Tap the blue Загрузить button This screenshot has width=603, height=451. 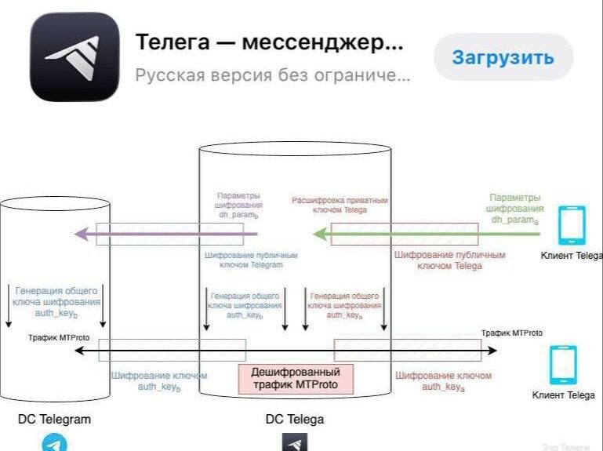tap(503, 57)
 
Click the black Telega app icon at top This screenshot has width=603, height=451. tap(74, 57)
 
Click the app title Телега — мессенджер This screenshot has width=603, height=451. tap(270, 42)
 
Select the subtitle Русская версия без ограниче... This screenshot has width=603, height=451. tap(272, 76)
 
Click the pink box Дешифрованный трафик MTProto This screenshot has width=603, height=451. tap(296, 379)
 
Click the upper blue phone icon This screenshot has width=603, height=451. tap(571, 225)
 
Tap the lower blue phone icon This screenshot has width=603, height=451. tap(563, 365)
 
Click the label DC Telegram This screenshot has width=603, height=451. tap(54, 419)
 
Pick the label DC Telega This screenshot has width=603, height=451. tap(294, 419)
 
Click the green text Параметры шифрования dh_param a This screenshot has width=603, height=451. tap(514, 209)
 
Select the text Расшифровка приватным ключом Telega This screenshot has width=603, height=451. tap(340, 205)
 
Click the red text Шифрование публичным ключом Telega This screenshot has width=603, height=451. tap(449, 260)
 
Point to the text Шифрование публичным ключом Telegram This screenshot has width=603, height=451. tap(243, 260)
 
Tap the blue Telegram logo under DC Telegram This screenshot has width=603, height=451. tap(54, 442)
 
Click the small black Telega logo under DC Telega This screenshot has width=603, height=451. tap(294, 443)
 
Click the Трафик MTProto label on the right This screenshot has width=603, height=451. tap(511, 333)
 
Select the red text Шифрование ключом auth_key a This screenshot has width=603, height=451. tap(444, 381)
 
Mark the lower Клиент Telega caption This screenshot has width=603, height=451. tap(563, 395)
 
